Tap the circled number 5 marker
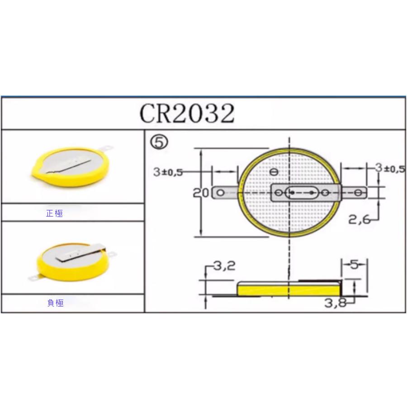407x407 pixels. click(159, 142)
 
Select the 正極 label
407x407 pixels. click(54, 213)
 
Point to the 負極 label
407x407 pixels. click(55, 303)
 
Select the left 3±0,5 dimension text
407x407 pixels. click(168, 172)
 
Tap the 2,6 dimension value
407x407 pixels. click(360, 219)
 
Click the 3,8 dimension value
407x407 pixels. click(335, 303)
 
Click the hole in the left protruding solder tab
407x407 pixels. click(220, 193)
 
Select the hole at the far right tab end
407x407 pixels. click(359, 193)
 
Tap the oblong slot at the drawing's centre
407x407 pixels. click(302, 193)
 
